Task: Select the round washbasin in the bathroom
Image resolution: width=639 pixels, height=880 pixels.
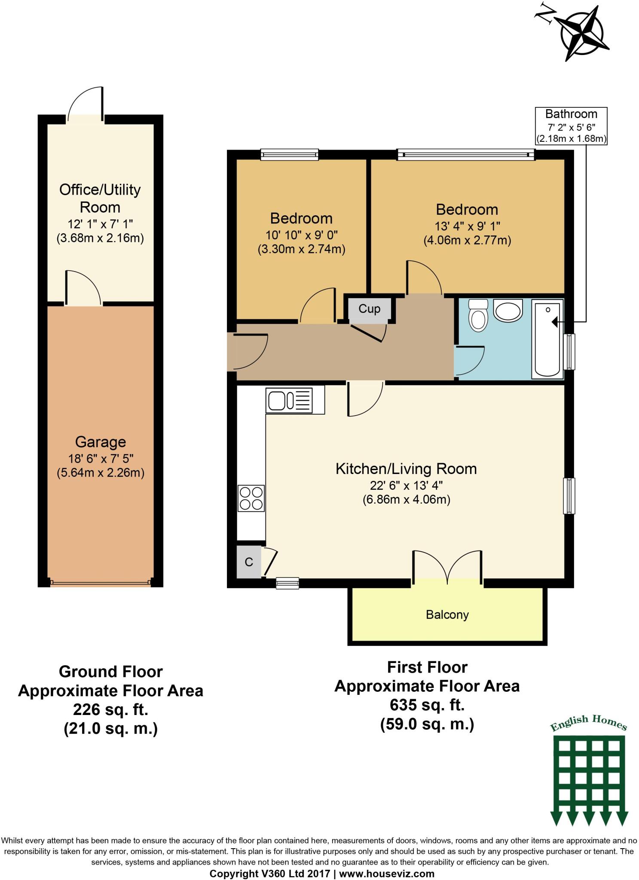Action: click(508, 310)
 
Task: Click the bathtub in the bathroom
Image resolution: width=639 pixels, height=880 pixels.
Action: click(547, 339)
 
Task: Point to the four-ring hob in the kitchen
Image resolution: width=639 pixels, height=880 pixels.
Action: click(251, 498)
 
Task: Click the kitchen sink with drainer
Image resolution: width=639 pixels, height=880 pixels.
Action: click(295, 400)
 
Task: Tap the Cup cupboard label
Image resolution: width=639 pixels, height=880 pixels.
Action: click(369, 309)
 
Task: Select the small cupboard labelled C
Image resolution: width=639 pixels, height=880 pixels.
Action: click(249, 562)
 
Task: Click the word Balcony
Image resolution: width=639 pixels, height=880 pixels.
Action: click(447, 614)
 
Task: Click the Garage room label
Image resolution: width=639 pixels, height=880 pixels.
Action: click(101, 442)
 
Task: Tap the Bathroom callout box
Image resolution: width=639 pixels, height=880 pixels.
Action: click(571, 126)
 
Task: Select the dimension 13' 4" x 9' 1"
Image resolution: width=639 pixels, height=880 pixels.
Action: click(468, 226)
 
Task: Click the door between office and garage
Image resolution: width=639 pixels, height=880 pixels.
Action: click(83, 289)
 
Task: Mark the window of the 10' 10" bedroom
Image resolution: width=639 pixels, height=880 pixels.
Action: click(290, 154)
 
